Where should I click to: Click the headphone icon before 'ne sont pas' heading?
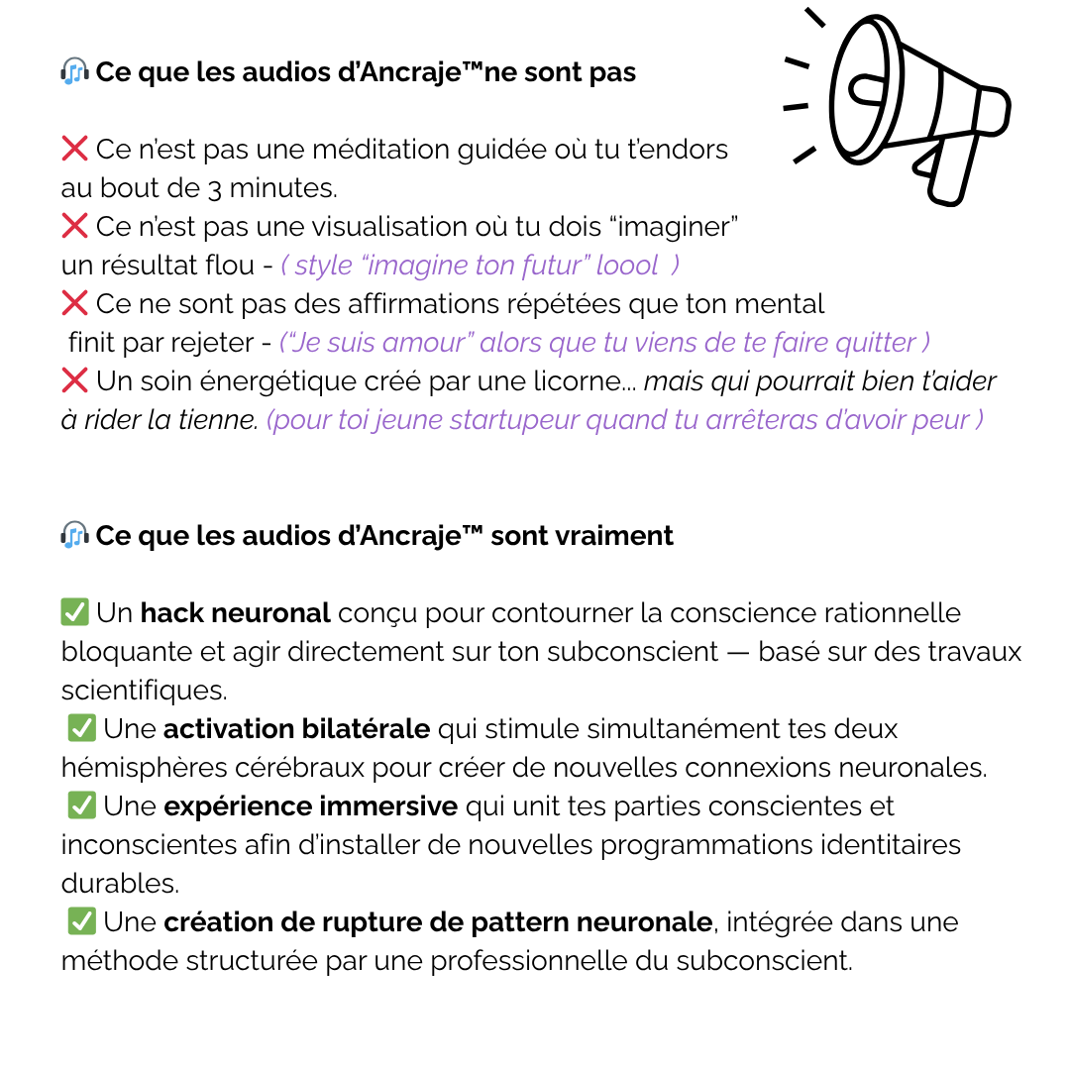click(74, 72)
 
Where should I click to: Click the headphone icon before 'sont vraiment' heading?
click(74, 536)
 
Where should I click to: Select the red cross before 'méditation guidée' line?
click(74, 150)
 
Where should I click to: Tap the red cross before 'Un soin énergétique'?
click(74, 381)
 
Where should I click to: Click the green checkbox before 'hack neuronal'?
click(74, 613)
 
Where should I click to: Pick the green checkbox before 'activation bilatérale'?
click(81, 729)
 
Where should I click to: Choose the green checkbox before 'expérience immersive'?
click(81, 806)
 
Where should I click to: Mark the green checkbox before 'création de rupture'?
click(81, 922)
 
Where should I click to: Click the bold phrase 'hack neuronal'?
click(235, 613)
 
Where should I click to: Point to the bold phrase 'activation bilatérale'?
click(296, 729)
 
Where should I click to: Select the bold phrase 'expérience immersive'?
click(310, 806)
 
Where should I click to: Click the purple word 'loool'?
click(626, 266)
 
